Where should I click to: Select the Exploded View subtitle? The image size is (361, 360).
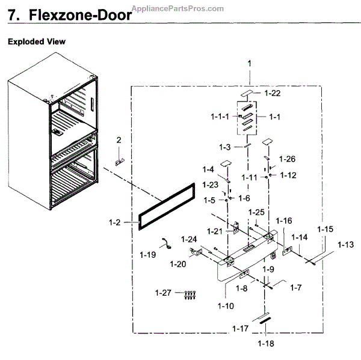36,42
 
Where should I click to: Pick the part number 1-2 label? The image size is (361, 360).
116,222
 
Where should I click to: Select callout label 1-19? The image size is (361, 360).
147,255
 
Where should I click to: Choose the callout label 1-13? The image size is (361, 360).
345,245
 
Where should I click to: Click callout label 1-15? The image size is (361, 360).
325,230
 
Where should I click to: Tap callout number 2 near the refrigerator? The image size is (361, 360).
119,140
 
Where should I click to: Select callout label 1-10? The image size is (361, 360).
227,307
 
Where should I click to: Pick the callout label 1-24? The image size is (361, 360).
189,239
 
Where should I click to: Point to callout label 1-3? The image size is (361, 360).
225,147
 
